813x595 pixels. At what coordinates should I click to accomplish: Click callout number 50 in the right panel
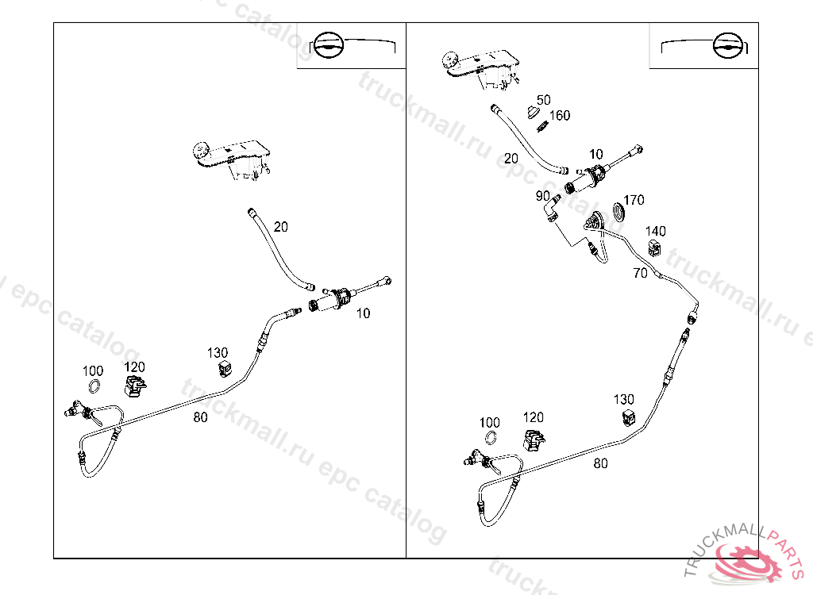(543, 100)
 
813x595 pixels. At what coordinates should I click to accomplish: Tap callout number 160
(560, 116)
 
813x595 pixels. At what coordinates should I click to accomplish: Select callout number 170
(634, 200)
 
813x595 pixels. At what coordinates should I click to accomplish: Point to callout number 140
(656, 232)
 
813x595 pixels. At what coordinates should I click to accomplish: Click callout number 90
(543, 196)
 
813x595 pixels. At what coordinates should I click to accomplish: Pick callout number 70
(640, 274)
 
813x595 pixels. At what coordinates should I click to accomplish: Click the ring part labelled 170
(617, 213)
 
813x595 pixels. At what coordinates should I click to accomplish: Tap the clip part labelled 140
(656, 249)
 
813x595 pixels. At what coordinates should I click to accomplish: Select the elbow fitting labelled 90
(551, 212)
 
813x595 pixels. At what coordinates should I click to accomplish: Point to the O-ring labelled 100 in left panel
(93, 387)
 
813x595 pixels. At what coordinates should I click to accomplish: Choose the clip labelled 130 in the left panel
(225, 368)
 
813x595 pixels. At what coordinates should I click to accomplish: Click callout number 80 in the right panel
(600, 463)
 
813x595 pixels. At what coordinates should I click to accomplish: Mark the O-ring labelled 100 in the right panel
(490, 439)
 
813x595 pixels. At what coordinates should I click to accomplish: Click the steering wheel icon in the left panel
(329, 47)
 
